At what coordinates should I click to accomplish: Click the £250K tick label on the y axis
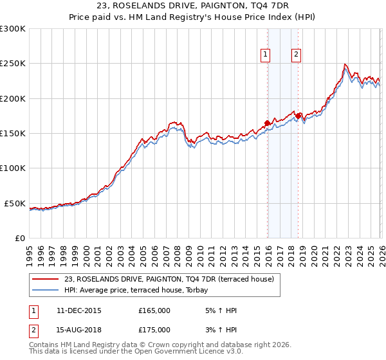pos(13,64)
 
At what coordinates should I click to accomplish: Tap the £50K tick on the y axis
pos(15,203)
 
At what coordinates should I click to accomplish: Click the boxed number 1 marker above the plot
pos(265,55)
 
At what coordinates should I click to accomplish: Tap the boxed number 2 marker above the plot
pos(296,55)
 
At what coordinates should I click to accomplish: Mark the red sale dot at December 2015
pos(267,123)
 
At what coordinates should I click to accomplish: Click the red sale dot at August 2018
pos(298,116)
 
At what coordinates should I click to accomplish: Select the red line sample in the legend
pos(45,279)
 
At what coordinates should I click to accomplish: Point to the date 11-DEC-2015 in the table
pos(78,310)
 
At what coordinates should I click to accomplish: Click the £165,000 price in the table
pos(154,310)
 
